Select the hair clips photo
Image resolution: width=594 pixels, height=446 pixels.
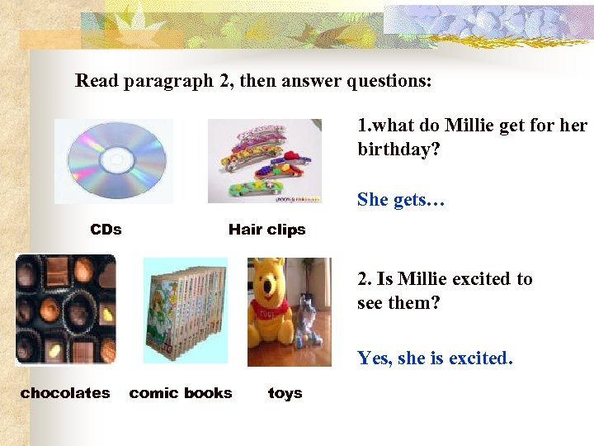point(264,160)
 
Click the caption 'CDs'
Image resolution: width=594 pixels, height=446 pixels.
point(106,230)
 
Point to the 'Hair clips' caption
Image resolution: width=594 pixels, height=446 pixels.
point(266,230)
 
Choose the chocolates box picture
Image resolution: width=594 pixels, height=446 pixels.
point(66,309)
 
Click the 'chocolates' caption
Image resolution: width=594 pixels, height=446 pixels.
point(65,393)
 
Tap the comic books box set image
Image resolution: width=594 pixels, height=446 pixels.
point(185,310)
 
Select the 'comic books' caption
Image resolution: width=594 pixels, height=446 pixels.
point(181,393)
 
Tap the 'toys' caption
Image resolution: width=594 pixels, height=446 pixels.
point(285,393)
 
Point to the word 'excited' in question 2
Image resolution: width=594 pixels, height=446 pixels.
point(482,279)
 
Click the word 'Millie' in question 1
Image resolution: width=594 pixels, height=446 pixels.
point(470,126)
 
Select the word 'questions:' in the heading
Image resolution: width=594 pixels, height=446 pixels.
point(391,82)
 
